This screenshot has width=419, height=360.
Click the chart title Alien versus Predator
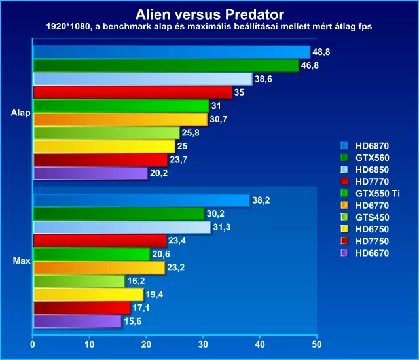click(209, 14)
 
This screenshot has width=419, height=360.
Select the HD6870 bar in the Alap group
click(172, 52)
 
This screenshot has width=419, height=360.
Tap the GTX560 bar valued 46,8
click(166, 65)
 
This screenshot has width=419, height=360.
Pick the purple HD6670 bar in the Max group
click(77, 321)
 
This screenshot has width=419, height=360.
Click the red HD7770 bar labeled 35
click(133, 93)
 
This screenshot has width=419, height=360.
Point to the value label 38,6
click(263, 79)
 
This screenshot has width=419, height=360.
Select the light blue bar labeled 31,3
click(122, 227)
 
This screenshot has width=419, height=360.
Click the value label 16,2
click(136, 281)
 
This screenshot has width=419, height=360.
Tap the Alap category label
click(20, 113)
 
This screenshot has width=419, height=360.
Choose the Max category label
click(22, 261)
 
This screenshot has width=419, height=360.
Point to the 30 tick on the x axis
click(203, 344)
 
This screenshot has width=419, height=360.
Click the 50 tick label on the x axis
click(317, 344)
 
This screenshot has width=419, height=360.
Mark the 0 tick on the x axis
click(33, 344)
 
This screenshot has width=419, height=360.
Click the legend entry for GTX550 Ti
click(371, 194)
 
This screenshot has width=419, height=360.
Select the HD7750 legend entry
click(365, 241)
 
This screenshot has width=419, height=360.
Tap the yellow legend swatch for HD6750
click(344, 229)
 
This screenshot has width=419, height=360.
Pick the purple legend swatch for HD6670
click(344, 253)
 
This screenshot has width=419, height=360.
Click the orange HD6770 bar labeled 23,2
click(100, 268)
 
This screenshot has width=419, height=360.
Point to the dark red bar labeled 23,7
click(101, 160)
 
